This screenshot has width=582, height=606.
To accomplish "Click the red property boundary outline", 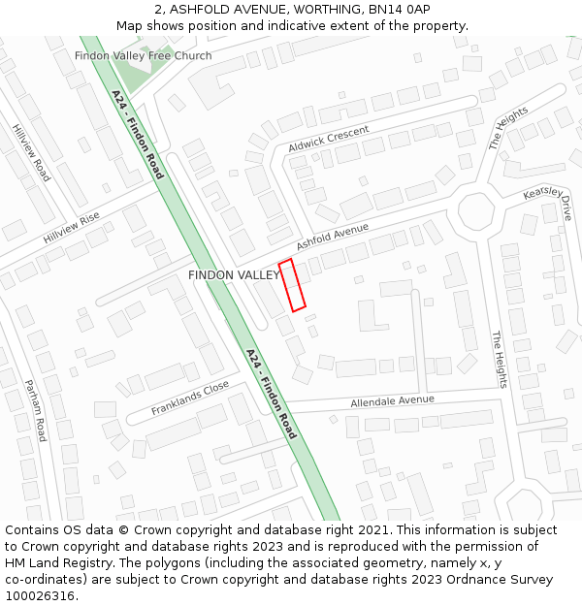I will (292, 285).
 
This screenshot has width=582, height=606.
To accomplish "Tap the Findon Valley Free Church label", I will (143, 55).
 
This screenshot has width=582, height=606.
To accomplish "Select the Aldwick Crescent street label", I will (329, 139).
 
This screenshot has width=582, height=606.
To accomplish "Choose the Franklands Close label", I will (190, 398).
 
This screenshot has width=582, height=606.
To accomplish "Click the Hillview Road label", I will (31, 152).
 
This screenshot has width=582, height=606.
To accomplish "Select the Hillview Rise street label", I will (71, 229).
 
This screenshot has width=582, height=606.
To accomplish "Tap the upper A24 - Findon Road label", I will (137, 135).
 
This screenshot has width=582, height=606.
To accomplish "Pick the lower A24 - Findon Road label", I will (271, 394).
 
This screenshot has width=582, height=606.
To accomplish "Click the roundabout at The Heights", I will (476, 210).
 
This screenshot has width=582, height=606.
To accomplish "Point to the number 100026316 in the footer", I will (40, 595).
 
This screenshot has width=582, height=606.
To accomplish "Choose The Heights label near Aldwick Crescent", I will (508, 128).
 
